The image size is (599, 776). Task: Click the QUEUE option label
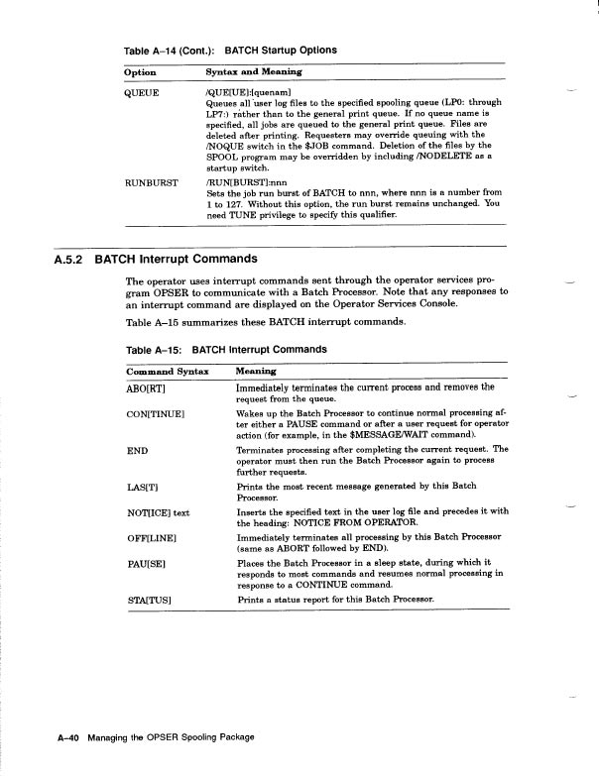point(143,90)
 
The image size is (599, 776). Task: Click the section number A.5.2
point(64,261)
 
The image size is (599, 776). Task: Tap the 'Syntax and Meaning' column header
point(253,72)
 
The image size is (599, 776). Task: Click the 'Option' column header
point(141,72)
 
